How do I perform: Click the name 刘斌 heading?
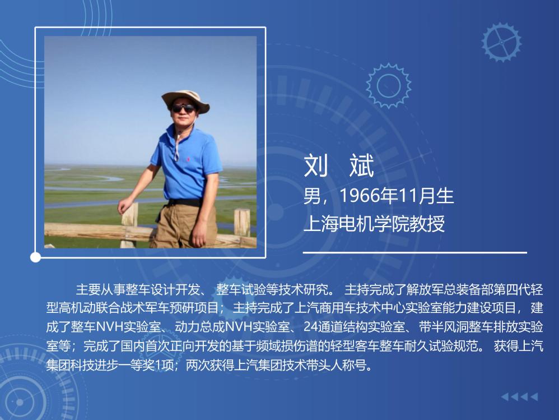click(339, 165)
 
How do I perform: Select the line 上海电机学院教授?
click(374, 224)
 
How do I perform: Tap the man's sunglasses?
click(183, 108)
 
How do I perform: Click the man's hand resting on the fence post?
click(125, 206)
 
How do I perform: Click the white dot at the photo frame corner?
click(35, 257)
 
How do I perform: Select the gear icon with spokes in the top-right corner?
click(501, 42)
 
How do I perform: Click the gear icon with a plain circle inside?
click(388, 86)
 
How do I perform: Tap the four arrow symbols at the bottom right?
click(519, 396)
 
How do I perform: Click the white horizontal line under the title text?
click(414, 252)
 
